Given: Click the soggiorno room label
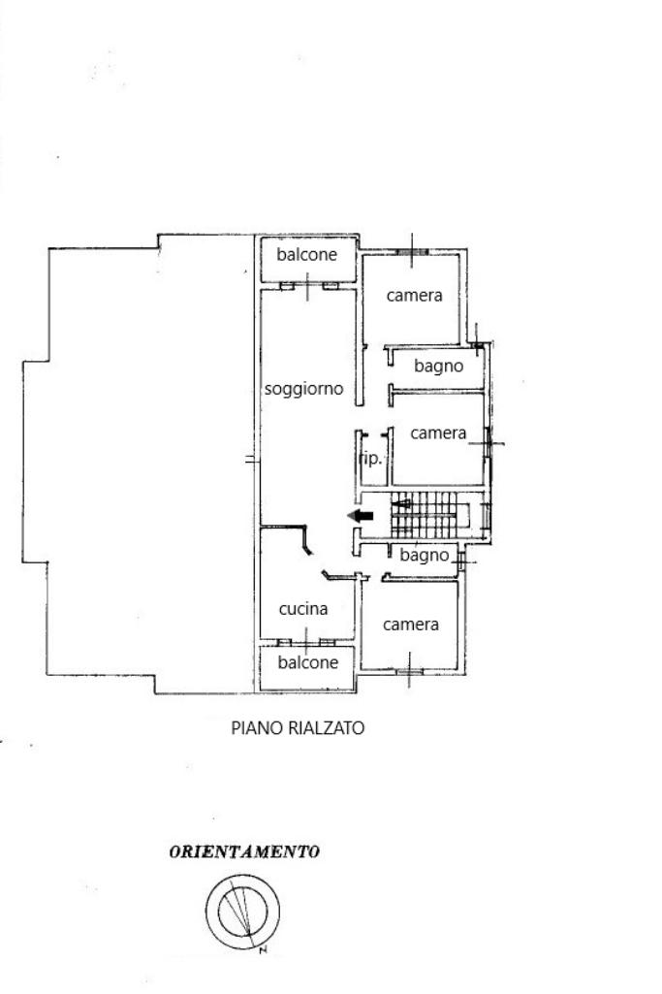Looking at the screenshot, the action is pos(303,389).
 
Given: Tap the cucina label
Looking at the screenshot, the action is pos(303,609).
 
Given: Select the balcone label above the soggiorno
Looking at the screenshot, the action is pos(306,255).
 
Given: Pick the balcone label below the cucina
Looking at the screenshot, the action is pos(308,662).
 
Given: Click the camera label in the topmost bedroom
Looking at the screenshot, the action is pos(414,296).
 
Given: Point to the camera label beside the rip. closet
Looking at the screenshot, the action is pos(438,433).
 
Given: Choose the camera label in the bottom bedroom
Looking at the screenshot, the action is pos(411,625).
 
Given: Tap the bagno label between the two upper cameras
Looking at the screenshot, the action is pos(438,367).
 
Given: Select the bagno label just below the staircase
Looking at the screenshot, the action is pos(424,556).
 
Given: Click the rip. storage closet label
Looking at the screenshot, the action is pos(371,459).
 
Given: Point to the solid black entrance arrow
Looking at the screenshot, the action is pos(361,516).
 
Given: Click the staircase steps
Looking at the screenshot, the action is pos(425,515).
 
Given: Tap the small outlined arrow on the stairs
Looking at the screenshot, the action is pos(401,504).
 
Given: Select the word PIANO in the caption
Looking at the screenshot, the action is pos(250,727).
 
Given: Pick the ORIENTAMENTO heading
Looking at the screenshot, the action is pos(244,852).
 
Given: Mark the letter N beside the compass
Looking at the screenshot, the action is pos(263,950).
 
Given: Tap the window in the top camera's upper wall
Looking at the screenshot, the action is pos(412,252).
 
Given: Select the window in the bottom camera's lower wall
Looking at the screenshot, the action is pos(410,671).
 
